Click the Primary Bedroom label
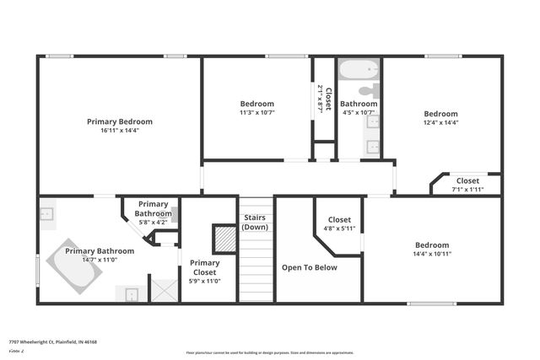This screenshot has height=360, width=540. [x=120, y=121]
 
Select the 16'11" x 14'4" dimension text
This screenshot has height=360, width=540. [x=120, y=131]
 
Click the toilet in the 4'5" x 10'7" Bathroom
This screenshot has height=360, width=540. [x=369, y=91]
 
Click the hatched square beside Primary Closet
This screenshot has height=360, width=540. [x=224, y=238]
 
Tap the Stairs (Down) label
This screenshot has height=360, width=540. [x=255, y=223]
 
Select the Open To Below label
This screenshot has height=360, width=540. [x=309, y=267]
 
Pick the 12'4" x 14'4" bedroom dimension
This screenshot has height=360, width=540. [x=440, y=123]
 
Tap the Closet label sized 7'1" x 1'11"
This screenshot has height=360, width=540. [x=467, y=180]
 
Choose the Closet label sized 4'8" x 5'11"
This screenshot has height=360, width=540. [x=339, y=219]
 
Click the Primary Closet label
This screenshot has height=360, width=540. [x=204, y=267]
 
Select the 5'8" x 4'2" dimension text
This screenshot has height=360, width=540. [x=154, y=223]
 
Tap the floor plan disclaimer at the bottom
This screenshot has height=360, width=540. [x=269, y=352]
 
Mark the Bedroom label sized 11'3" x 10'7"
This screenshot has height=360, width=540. [x=257, y=104]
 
